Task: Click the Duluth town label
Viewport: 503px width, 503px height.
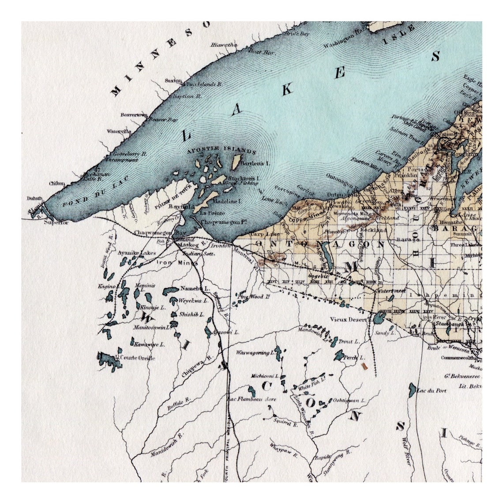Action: (34, 199)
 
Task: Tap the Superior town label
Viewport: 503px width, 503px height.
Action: (57, 222)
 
